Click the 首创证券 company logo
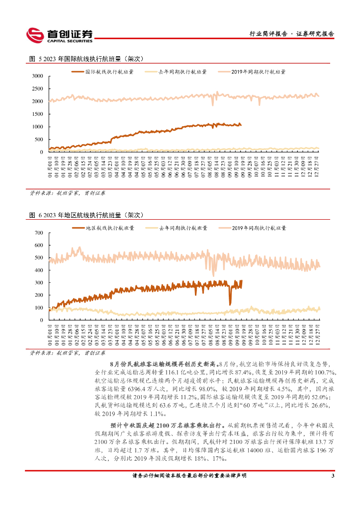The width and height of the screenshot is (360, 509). coord(59,34)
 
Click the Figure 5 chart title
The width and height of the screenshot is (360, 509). coord(87,59)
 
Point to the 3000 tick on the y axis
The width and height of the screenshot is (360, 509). coord(38,76)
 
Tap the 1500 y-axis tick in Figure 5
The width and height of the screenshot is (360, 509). coord(38,114)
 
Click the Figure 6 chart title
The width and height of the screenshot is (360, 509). coord(87,215)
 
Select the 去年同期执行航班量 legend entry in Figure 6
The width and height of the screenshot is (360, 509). coord(183,228)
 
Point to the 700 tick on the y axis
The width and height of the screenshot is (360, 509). coord(39,233)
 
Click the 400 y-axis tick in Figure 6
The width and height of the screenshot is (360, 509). coord(39,270)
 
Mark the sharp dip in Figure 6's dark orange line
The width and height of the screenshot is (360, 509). coord(230,303)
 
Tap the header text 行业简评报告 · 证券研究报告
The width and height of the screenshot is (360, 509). coord(291,34)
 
